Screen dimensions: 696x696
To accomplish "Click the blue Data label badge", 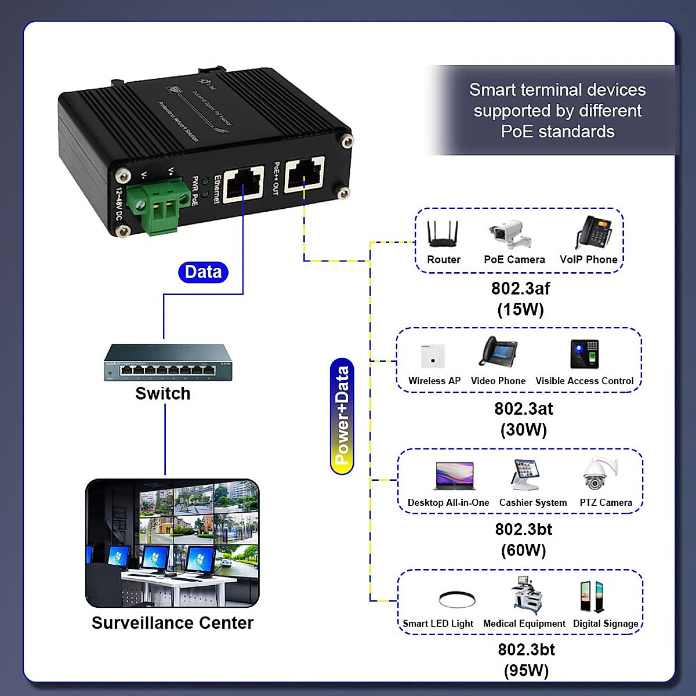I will [x=203, y=272].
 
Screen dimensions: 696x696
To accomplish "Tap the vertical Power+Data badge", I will [x=342, y=416].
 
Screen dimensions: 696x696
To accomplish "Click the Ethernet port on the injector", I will [x=244, y=183].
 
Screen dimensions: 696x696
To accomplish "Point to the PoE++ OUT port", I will [x=304, y=173].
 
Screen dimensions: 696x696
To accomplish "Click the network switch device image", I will [x=168, y=363].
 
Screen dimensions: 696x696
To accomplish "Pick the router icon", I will [x=443, y=234].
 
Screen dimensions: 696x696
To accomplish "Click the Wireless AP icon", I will [x=432, y=355].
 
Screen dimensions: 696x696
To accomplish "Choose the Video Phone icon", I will [x=498, y=352].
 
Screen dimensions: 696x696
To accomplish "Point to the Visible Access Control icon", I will [x=585, y=354].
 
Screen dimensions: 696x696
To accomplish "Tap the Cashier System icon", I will [x=527, y=475].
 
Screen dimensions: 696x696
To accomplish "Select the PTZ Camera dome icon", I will [x=600, y=474].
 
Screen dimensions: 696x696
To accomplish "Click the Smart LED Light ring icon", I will [x=457, y=599].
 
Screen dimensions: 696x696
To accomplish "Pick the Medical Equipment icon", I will [x=526, y=595].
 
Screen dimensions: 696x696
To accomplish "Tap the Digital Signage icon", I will [x=592, y=596].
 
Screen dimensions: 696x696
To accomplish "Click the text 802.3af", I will [x=520, y=288].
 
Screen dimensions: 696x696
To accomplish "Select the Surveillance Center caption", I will [x=172, y=623].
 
